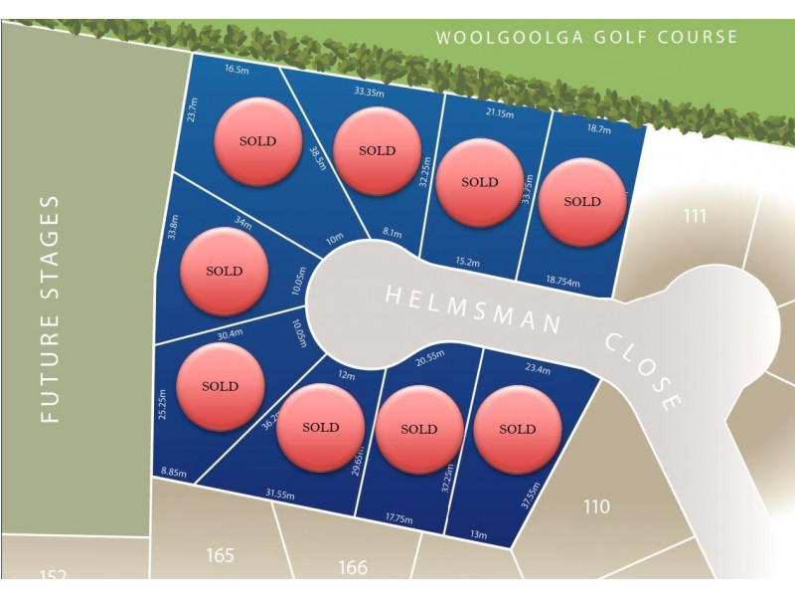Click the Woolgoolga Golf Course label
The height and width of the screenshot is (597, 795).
click(587, 38)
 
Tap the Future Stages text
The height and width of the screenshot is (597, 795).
click(51, 309)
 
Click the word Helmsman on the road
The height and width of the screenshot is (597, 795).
click(471, 308)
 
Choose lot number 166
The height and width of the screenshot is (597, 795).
click(352, 567)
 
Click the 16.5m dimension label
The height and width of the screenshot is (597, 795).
click(237, 70)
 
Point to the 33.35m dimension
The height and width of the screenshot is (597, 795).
click(370, 92)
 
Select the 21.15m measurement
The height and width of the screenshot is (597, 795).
click(499, 113)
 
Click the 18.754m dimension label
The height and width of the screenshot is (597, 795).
click(564, 280)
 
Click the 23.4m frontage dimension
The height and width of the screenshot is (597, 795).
click(538, 368)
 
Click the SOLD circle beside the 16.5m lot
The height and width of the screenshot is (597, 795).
click(257, 141)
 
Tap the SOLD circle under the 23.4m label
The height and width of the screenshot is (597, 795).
click(517, 429)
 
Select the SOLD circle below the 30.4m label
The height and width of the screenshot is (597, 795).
click(220, 386)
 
